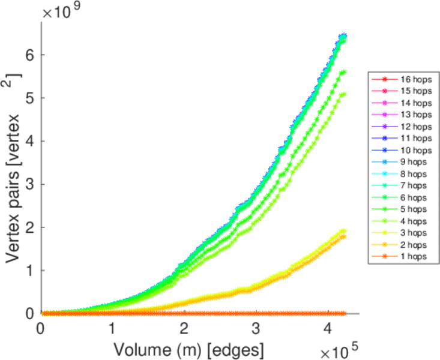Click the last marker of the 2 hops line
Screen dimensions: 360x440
click(x=343, y=237)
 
